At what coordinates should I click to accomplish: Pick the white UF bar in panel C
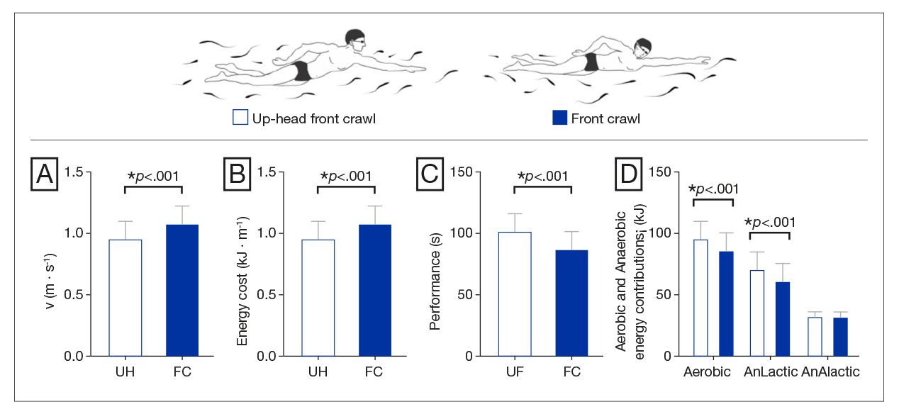coord(515,294)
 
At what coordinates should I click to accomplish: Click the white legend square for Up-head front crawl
coord(240,118)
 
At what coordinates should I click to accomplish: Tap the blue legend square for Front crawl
coord(559,118)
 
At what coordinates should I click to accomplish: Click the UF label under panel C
coord(515,372)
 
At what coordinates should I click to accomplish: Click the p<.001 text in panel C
coord(545,176)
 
